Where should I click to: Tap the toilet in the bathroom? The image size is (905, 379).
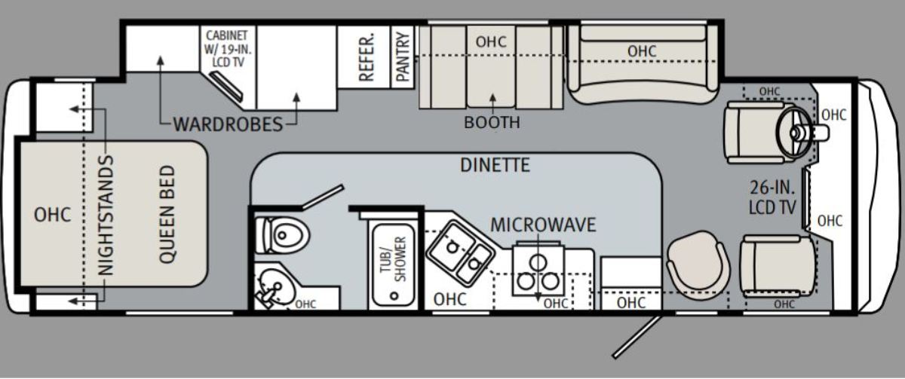[x=282, y=235]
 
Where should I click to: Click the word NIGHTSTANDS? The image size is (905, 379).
[x=106, y=215]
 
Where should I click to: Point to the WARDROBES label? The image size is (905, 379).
[x=228, y=124]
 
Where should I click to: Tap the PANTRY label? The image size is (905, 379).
[x=403, y=57]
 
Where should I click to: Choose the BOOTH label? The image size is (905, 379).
[x=492, y=122]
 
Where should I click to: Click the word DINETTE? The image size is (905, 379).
[x=495, y=165]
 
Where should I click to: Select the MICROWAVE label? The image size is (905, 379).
[x=543, y=225]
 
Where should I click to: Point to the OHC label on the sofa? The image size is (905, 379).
[x=642, y=51]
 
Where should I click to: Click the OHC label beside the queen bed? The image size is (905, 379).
[x=52, y=215]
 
